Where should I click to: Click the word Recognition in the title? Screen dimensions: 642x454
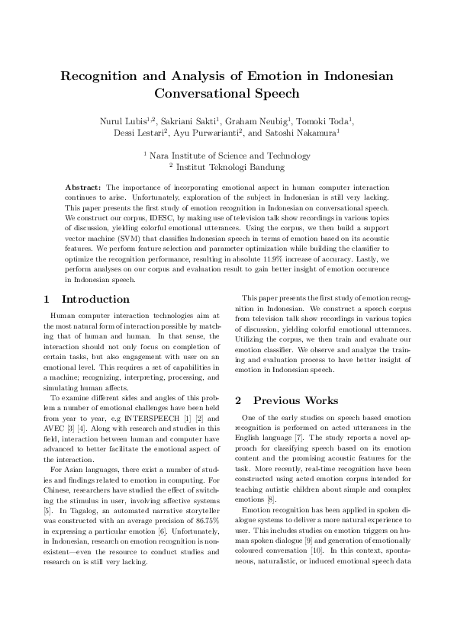tap(103, 76)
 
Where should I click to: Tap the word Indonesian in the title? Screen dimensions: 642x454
tap(352, 76)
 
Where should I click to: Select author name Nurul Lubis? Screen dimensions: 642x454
tap(122, 121)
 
